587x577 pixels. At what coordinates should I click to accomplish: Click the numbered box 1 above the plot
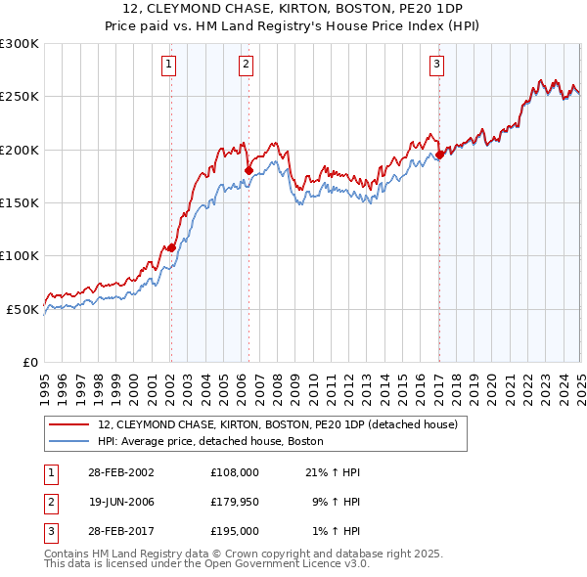(169, 66)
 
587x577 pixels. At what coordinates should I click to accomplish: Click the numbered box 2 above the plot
(245, 66)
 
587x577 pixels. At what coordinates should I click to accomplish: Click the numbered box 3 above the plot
(436, 66)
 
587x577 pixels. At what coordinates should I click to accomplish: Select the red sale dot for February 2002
(171, 247)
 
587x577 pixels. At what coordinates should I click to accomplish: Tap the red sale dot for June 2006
(248, 171)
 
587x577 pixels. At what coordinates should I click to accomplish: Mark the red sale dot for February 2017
(439, 155)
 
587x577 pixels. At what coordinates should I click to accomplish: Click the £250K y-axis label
(20, 97)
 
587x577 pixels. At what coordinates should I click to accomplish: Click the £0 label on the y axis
(29, 362)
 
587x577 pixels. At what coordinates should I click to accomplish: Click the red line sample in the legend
(68, 425)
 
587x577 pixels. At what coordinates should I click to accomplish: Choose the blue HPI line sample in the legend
(68, 442)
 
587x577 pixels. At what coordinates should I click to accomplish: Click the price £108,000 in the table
(234, 472)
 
